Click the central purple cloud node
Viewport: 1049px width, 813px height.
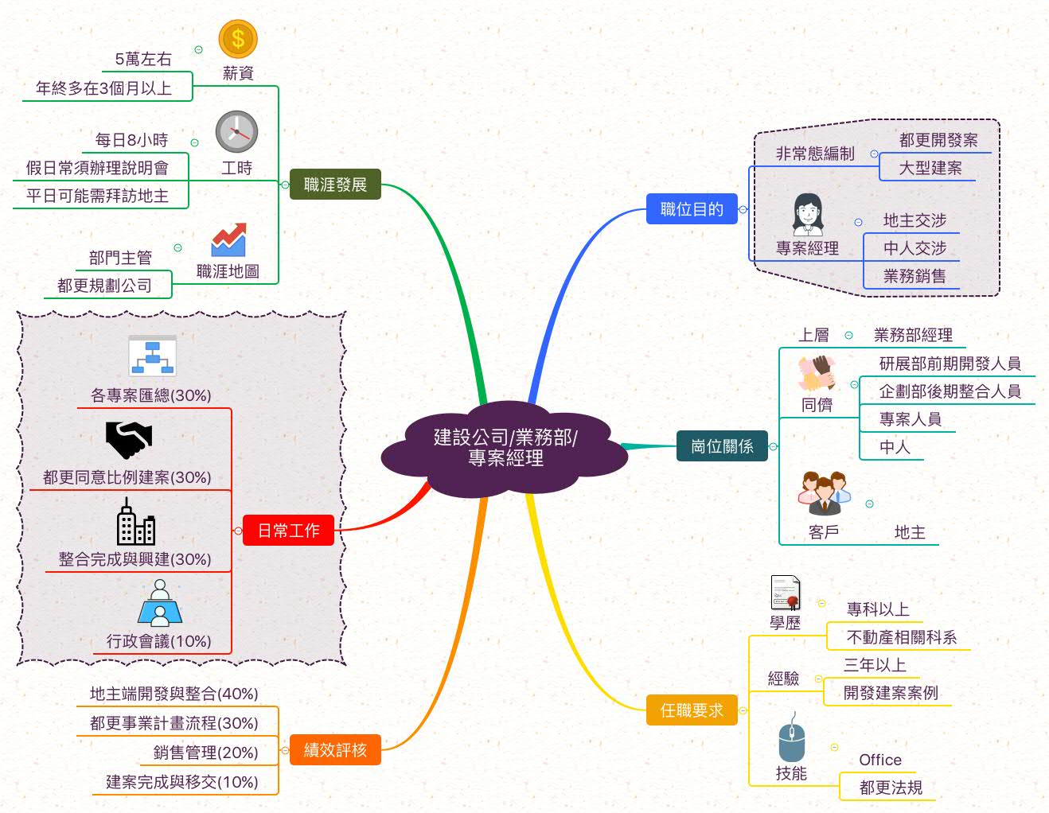point(505,448)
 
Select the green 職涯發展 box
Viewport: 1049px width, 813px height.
point(335,185)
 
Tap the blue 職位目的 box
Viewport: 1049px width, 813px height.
point(692,209)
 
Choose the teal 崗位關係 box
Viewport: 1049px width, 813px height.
point(722,445)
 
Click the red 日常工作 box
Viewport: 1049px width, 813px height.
point(288,531)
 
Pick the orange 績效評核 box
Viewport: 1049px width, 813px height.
point(335,749)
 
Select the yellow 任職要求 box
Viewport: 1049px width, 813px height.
point(692,710)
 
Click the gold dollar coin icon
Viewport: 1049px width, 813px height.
point(238,39)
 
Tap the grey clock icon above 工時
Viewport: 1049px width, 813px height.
point(236,132)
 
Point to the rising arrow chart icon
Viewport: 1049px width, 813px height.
point(228,239)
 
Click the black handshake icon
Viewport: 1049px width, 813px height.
point(129,440)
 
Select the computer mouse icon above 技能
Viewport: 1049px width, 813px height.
point(792,737)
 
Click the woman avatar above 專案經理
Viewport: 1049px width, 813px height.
point(808,215)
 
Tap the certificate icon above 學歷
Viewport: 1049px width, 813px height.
point(786,593)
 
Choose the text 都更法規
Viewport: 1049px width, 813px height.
point(891,788)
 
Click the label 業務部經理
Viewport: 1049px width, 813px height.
point(914,335)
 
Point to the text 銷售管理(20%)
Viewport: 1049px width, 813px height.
point(205,753)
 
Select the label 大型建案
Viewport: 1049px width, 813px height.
point(930,168)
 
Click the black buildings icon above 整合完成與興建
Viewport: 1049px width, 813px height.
point(136,522)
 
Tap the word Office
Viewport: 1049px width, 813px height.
point(880,760)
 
